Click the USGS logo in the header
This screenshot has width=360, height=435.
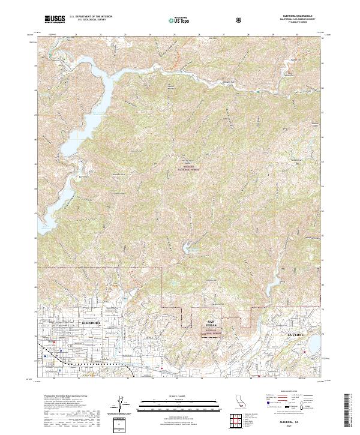pos(54,19)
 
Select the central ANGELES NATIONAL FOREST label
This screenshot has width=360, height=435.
pos(188,170)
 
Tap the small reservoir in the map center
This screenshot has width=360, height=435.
pos(193,245)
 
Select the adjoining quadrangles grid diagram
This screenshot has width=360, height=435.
pos(239,421)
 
